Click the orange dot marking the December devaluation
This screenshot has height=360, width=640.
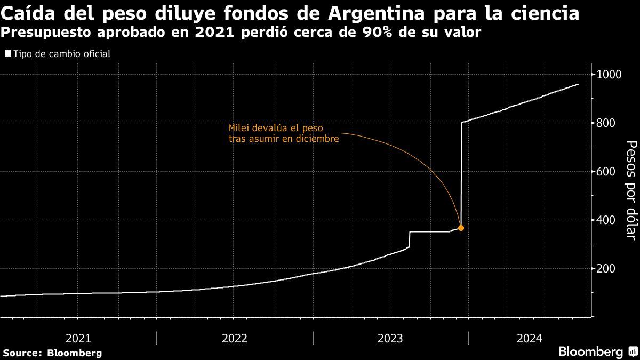(461, 228)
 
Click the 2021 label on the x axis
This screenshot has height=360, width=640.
(78, 338)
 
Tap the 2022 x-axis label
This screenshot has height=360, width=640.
(234, 338)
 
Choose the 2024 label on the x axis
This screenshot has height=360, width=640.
(530, 338)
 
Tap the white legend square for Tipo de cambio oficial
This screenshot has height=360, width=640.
(7, 53)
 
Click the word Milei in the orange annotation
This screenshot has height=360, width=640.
(239, 129)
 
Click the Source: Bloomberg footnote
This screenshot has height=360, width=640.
(52, 353)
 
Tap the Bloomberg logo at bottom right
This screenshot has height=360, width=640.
(597, 351)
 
